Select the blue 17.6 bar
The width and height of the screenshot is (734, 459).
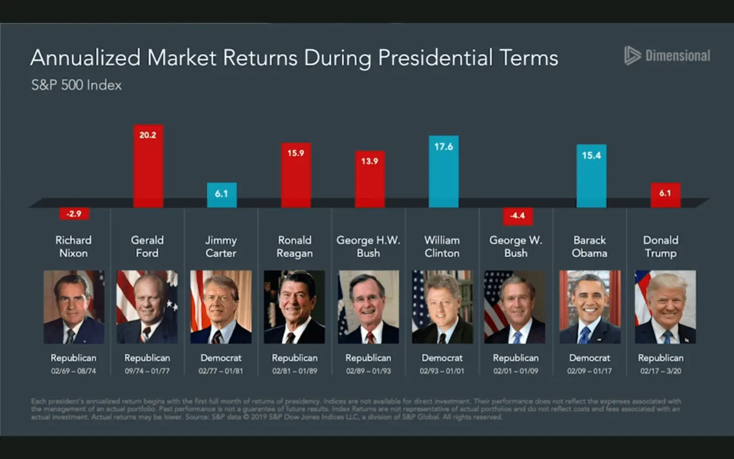443,172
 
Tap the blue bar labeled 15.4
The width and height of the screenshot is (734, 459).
591,177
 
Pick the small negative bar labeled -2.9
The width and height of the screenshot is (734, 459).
74,213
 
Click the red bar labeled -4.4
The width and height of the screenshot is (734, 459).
517,216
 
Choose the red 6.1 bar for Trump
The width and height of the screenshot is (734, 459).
665,195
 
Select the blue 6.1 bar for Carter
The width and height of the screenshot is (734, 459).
222,195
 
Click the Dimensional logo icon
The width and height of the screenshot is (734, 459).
632,56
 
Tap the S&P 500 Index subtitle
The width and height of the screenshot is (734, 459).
76,85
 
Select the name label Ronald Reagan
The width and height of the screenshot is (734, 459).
295,246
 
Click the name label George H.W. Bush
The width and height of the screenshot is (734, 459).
368,246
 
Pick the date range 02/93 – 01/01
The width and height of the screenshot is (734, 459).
442,371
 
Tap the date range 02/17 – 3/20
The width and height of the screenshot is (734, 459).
661,371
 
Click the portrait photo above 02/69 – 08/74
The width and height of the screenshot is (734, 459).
74,307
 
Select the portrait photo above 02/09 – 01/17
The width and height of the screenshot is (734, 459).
589,307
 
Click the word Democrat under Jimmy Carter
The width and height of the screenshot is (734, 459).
221,358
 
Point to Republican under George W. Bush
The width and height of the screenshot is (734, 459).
516,358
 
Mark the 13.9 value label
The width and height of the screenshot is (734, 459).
369,161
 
